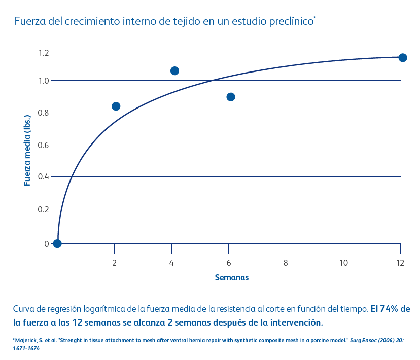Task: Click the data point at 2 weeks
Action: tap(116, 106)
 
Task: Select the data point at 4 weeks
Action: tap(174, 70)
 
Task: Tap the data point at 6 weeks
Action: tap(231, 97)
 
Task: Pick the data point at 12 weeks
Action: tap(403, 57)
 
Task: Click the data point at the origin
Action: tap(57, 243)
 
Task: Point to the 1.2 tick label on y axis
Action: tap(43, 53)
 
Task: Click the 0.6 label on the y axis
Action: tap(43, 145)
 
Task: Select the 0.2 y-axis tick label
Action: tap(43, 209)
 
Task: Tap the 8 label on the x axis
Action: tap(286, 262)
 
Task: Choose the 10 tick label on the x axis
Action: tap(343, 262)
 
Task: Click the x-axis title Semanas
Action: tap(232, 277)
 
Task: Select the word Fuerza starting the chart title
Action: tap(28, 21)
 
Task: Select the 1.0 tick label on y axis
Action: tap(43, 81)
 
